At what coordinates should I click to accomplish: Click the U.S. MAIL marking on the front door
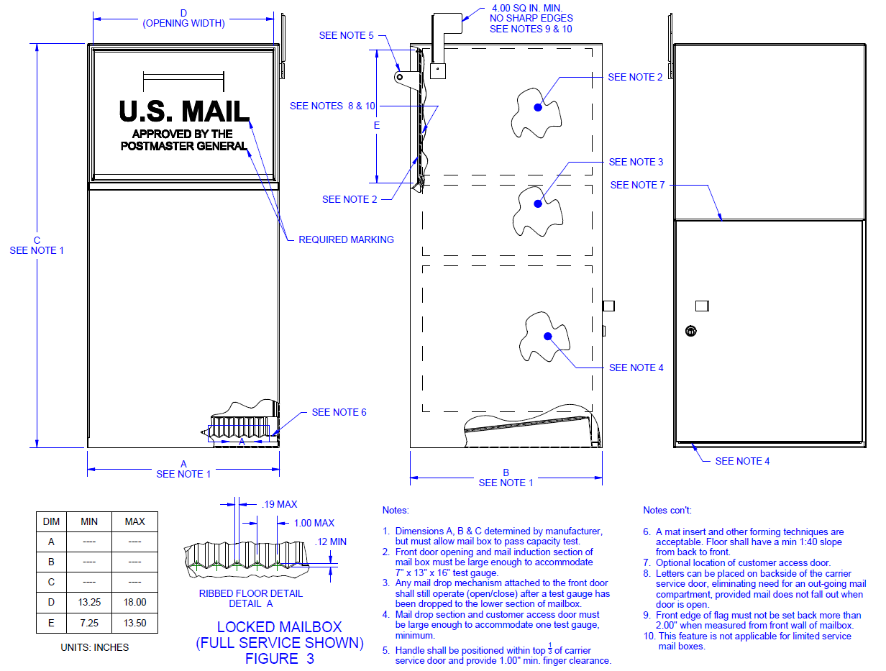(x=184, y=111)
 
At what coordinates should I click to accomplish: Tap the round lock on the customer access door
(x=690, y=332)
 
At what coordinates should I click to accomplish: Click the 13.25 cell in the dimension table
(x=89, y=602)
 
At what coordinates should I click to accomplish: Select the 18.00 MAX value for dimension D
(x=134, y=602)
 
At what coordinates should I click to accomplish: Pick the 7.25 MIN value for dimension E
(x=89, y=623)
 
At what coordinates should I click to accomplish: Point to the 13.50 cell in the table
(x=134, y=623)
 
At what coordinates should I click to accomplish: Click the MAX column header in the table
(x=134, y=521)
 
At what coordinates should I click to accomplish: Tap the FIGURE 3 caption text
(x=280, y=659)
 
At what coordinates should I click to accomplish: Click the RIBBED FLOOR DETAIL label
(x=250, y=594)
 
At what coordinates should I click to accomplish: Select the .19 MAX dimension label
(x=279, y=504)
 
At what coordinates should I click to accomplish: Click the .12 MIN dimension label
(x=331, y=542)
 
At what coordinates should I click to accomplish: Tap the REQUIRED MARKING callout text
(x=346, y=239)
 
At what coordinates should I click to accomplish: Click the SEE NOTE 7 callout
(x=638, y=185)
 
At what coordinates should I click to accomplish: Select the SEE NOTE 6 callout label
(x=339, y=412)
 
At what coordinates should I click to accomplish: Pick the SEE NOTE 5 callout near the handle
(x=347, y=35)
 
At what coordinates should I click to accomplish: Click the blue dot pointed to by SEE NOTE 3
(x=537, y=204)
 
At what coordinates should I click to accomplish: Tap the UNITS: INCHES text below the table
(x=96, y=647)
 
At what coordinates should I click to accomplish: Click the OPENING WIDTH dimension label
(x=183, y=23)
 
